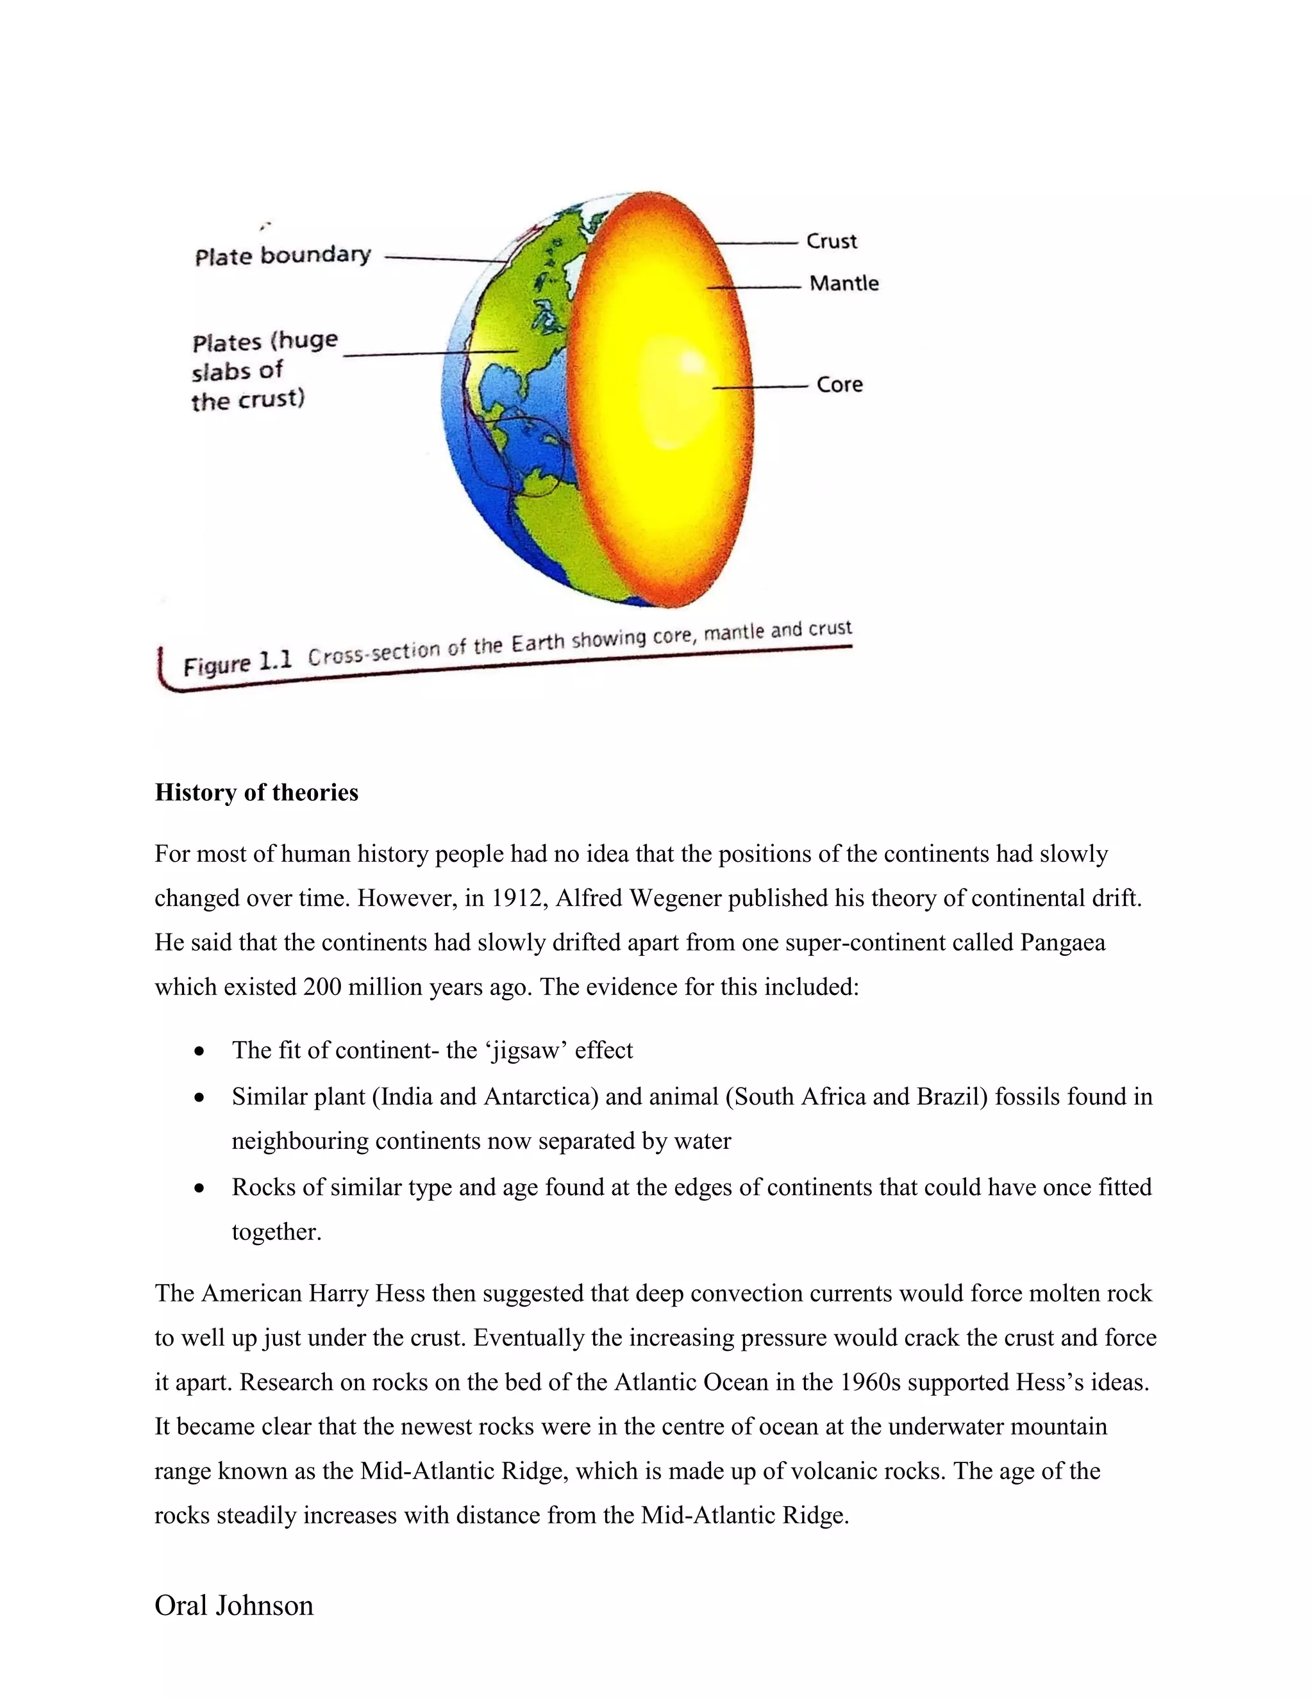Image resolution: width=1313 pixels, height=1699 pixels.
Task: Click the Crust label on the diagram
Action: click(831, 241)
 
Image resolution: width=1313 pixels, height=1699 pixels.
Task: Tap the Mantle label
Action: click(843, 283)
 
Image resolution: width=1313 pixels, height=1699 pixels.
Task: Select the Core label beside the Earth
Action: click(839, 384)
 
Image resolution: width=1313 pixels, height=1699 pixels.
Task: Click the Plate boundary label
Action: click(282, 256)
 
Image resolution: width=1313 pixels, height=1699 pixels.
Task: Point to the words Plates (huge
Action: click(265, 342)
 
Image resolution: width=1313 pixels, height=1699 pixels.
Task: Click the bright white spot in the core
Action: click(690, 364)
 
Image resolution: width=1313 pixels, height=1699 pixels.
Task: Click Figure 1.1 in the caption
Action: click(237, 664)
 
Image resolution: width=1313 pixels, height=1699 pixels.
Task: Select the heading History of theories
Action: click(256, 792)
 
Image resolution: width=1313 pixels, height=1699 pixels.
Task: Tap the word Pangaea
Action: click(1062, 943)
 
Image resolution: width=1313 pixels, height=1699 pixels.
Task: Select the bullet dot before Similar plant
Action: click(200, 1098)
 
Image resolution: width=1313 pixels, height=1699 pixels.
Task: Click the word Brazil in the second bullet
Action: click(952, 1097)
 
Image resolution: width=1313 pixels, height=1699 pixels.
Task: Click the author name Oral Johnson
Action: click(233, 1605)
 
